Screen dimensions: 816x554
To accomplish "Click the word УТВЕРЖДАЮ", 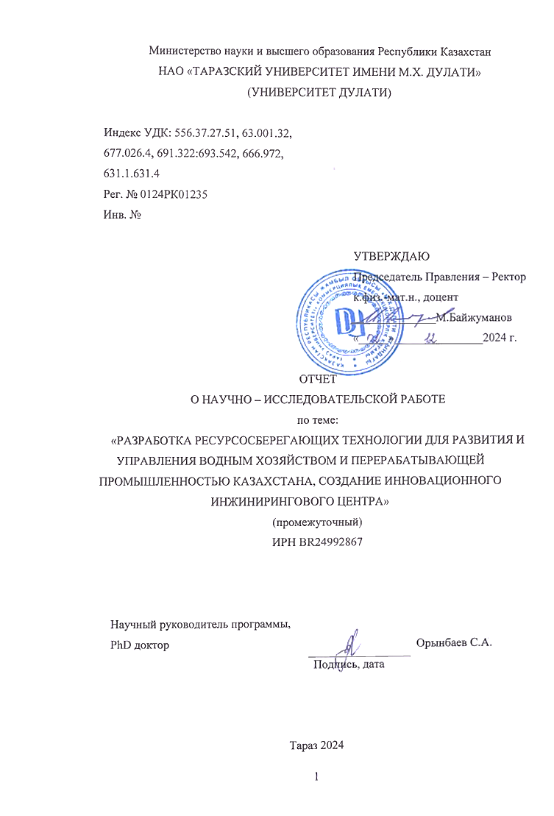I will click(391, 256).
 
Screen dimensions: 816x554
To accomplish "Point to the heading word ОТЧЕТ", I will click(317, 380).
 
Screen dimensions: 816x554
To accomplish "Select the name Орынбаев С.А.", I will click(453, 642).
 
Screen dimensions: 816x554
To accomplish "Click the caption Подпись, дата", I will click(349, 664).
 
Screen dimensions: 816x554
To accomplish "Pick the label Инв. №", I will click(123, 216).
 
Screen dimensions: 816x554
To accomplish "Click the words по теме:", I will click(318, 420).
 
